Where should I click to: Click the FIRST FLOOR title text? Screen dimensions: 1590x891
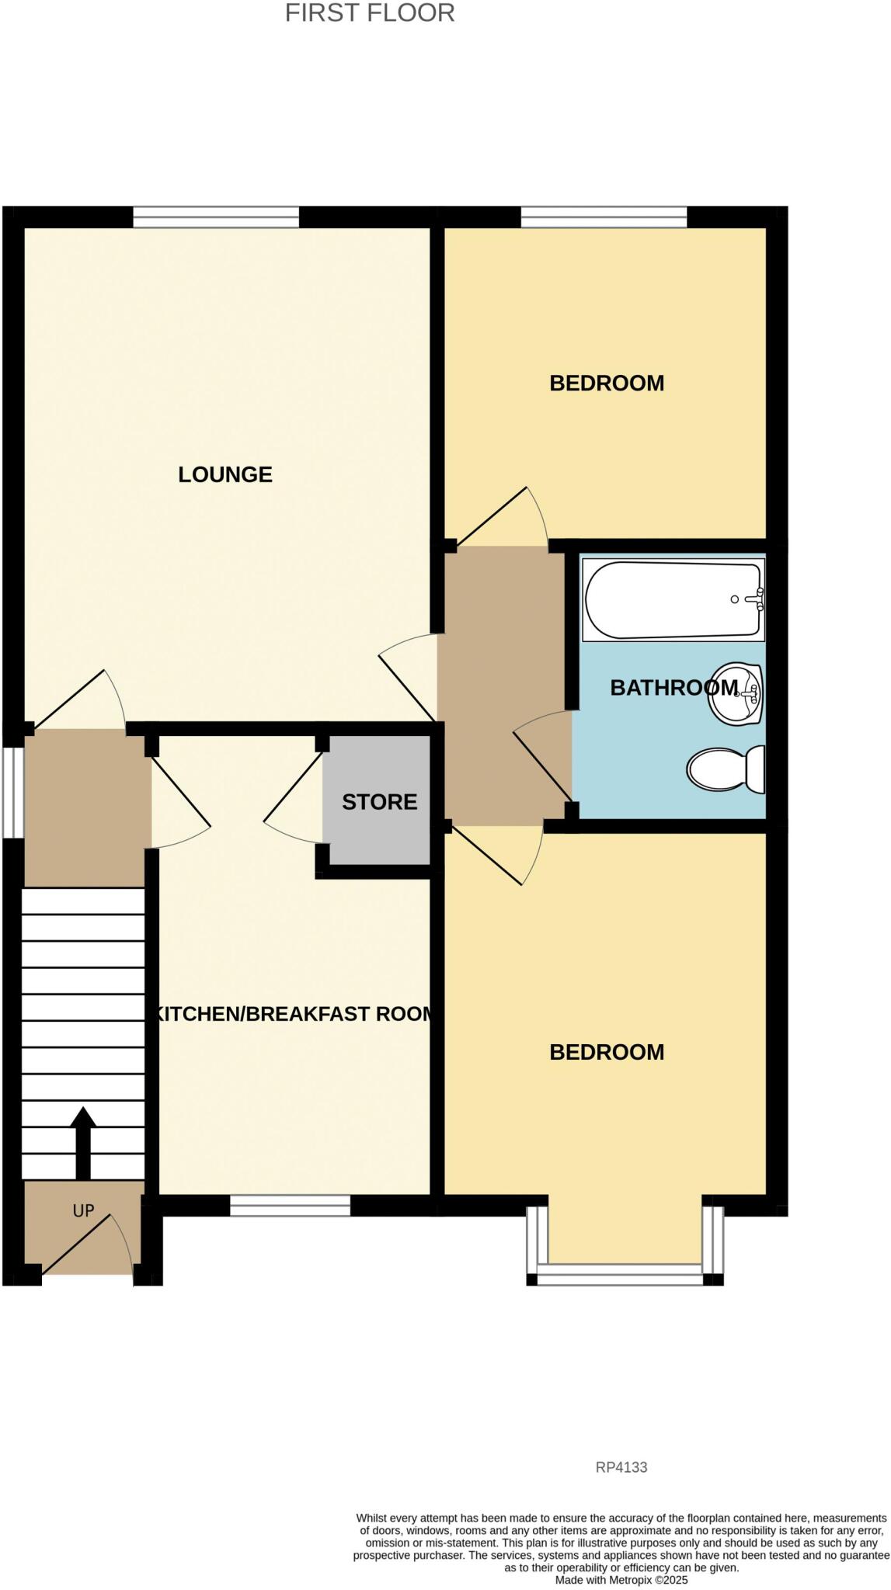click(370, 13)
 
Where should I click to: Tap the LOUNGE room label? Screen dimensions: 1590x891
click(225, 474)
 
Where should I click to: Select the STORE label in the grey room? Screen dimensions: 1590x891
click(379, 802)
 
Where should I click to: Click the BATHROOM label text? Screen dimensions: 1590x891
click(673, 687)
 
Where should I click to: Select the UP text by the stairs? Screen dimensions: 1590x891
click(83, 1210)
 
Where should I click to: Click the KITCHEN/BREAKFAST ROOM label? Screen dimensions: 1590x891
click(294, 1014)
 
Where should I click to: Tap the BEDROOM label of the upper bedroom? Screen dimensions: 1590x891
click(607, 383)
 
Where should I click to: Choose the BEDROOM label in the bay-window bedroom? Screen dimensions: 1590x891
click(607, 1052)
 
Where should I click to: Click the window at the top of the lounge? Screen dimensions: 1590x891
click(216, 217)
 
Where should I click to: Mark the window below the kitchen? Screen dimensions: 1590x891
click(290, 1205)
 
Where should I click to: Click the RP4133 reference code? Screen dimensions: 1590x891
click(621, 1467)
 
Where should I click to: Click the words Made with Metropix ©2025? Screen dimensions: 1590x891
click(621, 1580)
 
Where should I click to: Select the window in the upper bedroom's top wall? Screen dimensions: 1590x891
click(604, 217)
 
